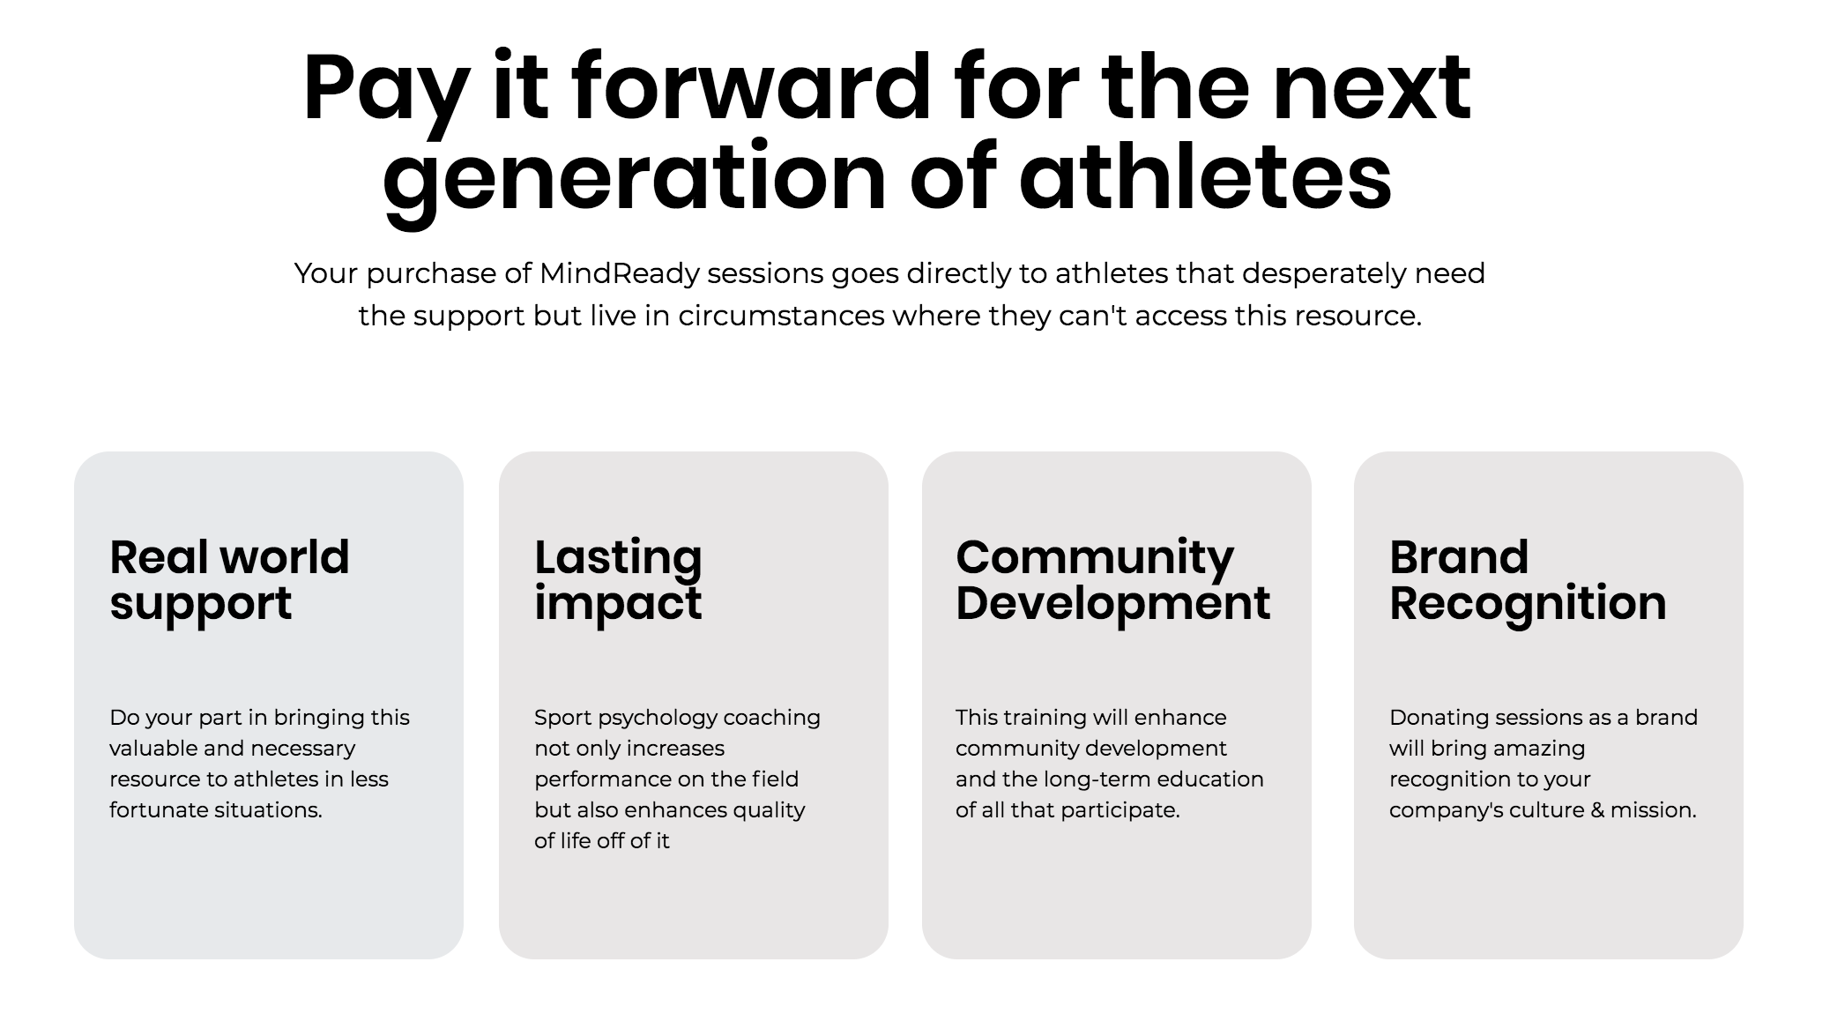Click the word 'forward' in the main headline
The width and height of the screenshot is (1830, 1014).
click(x=751, y=87)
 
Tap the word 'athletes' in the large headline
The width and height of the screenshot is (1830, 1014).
click(x=1205, y=177)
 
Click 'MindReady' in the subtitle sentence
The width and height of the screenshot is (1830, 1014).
click(x=620, y=273)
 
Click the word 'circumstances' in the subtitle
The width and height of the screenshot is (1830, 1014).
click(x=781, y=316)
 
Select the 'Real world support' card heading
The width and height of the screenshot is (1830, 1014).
click(x=229, y=581)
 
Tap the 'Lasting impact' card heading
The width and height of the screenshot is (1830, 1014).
click(x=618, y=581)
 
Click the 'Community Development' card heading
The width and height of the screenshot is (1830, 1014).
click(x=1112, y=581)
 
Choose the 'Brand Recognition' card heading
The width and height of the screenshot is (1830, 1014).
click(x=1528, y=581)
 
